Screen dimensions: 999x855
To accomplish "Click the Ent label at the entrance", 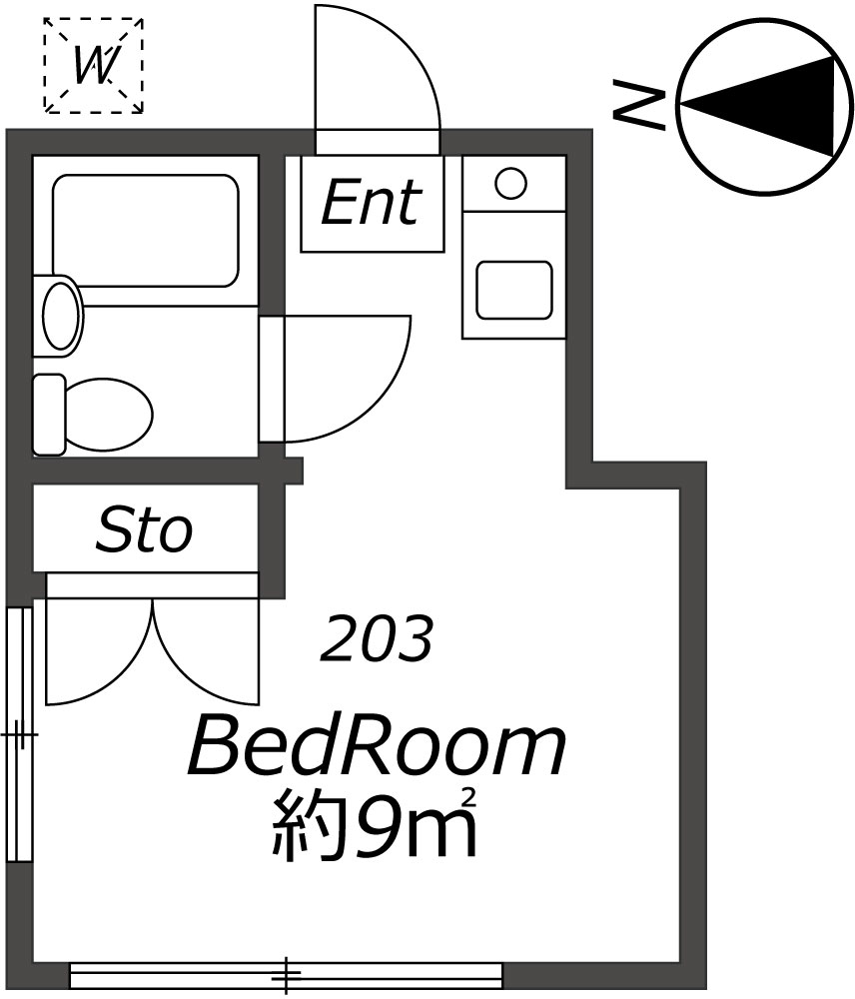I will click(370, 203).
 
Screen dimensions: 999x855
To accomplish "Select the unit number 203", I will click(376, 639).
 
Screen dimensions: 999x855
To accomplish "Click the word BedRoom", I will click(377, 749).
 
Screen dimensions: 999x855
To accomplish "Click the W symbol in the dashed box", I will click(93, 66).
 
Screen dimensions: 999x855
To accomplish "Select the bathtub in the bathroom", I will click(144, 230).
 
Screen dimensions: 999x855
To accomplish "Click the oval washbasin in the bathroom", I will click(60, 315).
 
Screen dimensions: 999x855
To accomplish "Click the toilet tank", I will click(48, 413).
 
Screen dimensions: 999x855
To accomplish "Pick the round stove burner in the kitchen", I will click(511, 183).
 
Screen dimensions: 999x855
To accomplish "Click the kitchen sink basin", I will click(513, 290).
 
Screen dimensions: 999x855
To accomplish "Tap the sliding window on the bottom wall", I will click(286, 973).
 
